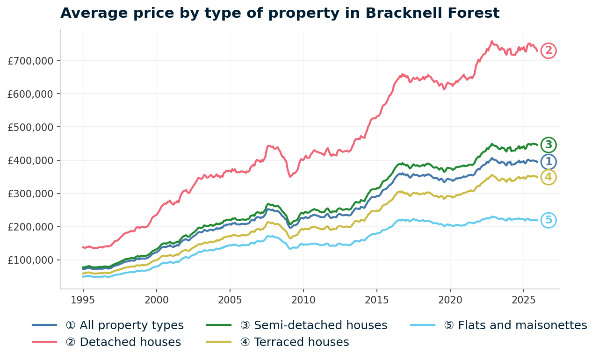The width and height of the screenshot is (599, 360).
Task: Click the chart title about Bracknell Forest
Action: pyautogui.click(x=280, y=13)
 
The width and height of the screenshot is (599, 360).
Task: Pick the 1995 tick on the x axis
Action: pyautogui.click(x=83, y=299)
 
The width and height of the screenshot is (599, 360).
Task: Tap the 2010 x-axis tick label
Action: pyautogui.click(x=303, y=299)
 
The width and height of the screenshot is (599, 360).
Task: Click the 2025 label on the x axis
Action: pyautogui.click(x=523, y=299)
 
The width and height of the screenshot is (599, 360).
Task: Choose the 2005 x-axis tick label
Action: pyautogui.click(x=230, y=299)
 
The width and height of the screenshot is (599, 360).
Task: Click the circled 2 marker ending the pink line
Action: pyautogui.click(x=548, y=50)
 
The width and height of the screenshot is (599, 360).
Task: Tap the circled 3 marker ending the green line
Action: pyautogui.click(x=548, y=144)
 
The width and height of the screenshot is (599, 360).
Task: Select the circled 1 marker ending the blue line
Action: pyautogui.click(x=548, y=162)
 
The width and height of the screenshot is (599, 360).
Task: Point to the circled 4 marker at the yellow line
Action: pyautogui.click(x=548, y=177)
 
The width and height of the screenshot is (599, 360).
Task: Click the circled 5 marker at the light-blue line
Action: pyautogui.click(x=548, y=220)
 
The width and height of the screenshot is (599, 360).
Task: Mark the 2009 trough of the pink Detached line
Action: pyautogui.click(x=290, y=176)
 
